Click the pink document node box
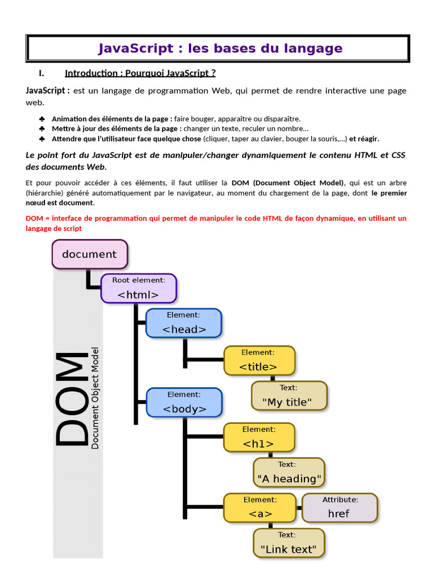pyautogui.click(x=90, y=254)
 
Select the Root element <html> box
pyautogui.click(x=139, y=288)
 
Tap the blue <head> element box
pyautogui.click(x=184, y=323)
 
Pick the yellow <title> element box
pyautogui.click(x=259, y=360)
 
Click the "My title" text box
pyautogui.click(x=289, y=396)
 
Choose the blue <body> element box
pyautogui.click(x=184, y=402)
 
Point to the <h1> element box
pyautogui.click(x=259, y=437)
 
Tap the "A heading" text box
pyautogui.click(x=289, y=472)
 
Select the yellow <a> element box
pyautogui.click(x=260, y=507)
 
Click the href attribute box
pyautogui.click(x=339, y=507)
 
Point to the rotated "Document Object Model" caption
pyautogui.click(x=95, y=398)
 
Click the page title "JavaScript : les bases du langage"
pyautogui.click(x=220, y=49)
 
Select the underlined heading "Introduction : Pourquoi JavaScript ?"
pyautogui.click(x=140, y=73)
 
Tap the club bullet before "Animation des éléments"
pyautogui.click(x=42, y=119)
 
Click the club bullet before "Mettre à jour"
pyautogui.click(x=42, y=129)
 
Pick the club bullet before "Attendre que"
pyautogui.click(x=42, y=139)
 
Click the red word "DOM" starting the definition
pyautogui.click(x=34, y=218)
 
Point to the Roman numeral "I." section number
pyautogui.click(x=41, y=73)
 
